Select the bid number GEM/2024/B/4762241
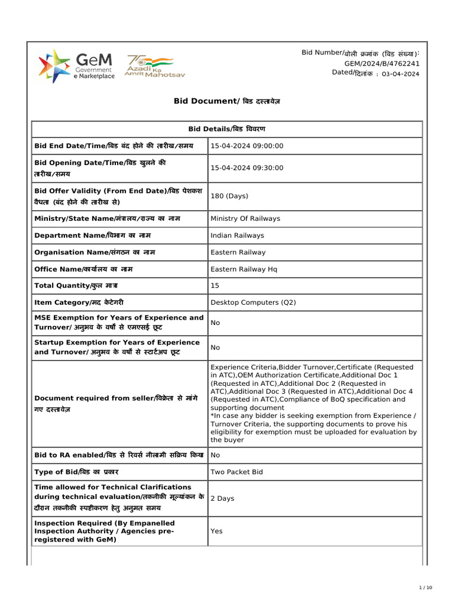click(x=382, y=63)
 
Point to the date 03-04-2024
click(x=401, y=74)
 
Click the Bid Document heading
click(x=226, y=101)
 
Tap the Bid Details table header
click(x=226, y=129)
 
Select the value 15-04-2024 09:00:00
click(x=247, y=146)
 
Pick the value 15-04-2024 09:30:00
click(x=247, y=168)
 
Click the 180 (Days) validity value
click(x=229, y=196)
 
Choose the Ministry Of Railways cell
click(x=245, y=218)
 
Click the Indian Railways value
click(x=237, y=236)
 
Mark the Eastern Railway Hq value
click(x=244, y=269)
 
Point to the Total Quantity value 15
click(x=215, y=286)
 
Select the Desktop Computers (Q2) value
click(x=253, y=302)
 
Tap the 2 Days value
click(x=222, y=498)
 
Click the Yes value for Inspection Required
click(x=216, y=531)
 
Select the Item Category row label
click(x=79, y=302)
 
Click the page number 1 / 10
click(x=426, y=587)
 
